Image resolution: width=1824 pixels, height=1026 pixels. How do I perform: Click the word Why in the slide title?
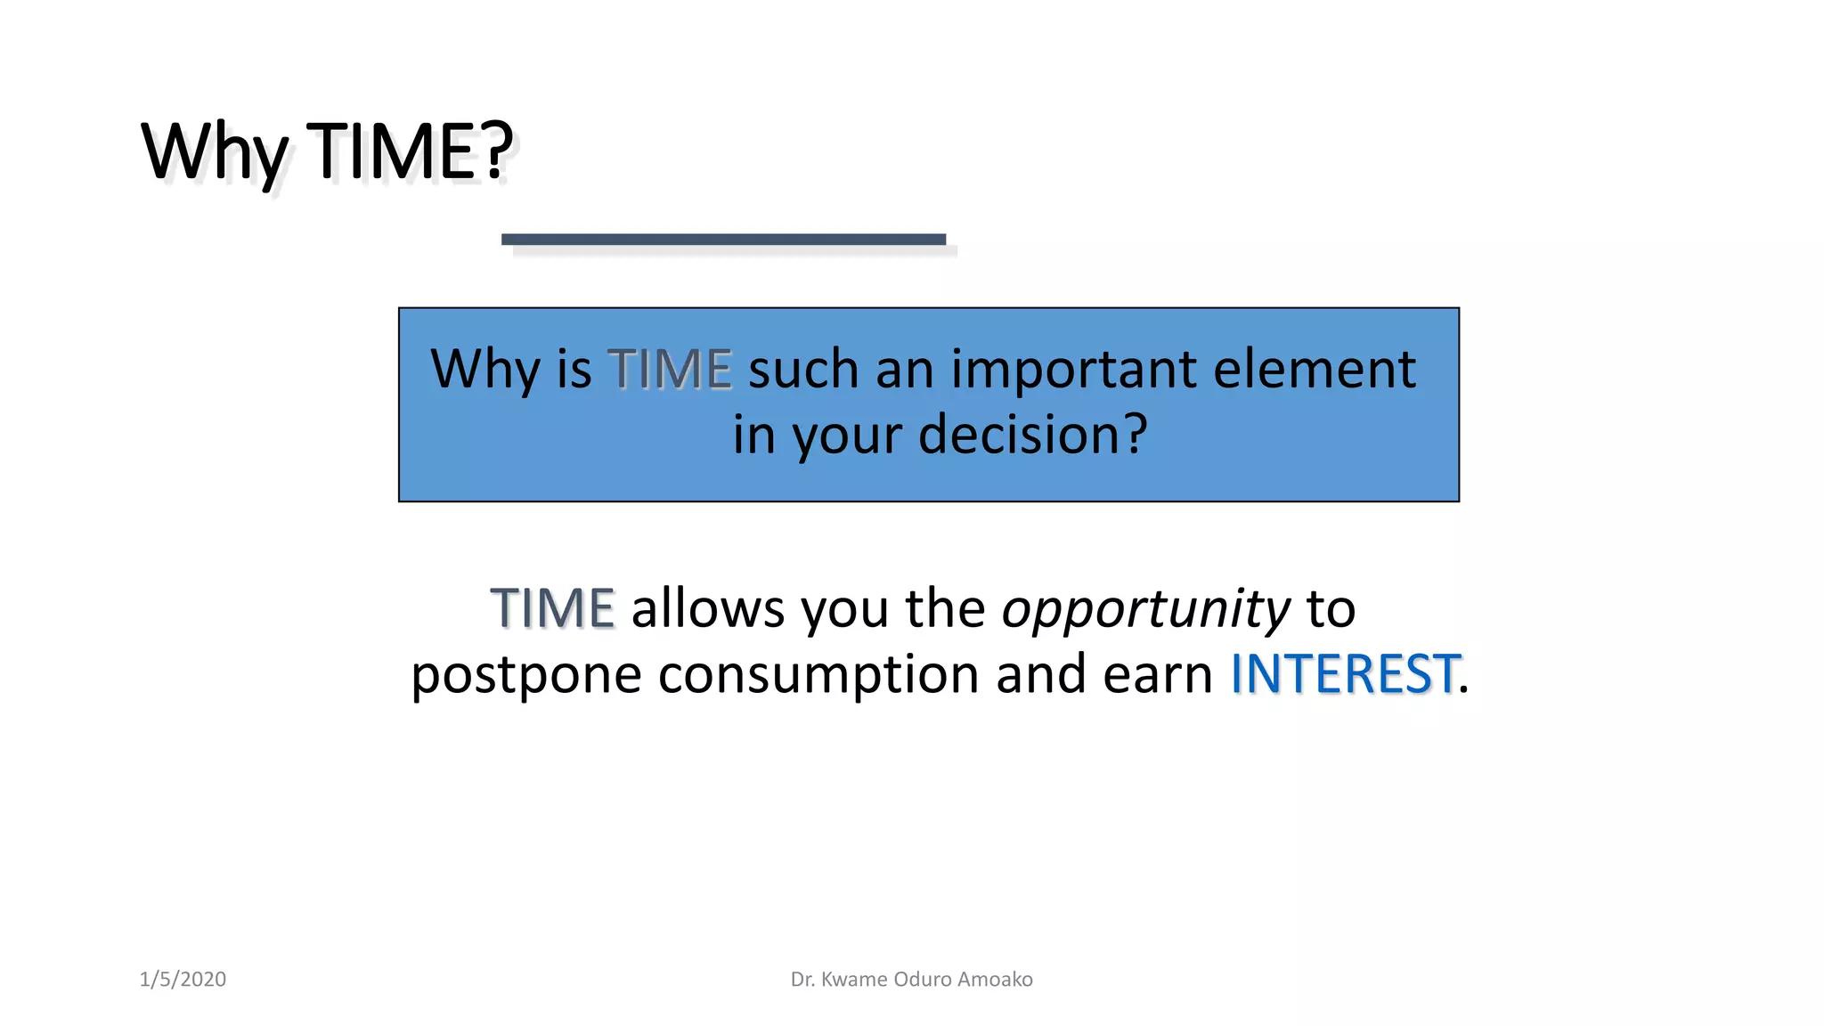coord(214,153)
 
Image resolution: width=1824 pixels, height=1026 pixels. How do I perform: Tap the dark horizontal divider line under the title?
coord(723,240)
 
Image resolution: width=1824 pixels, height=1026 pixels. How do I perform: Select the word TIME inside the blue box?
coord(670,370)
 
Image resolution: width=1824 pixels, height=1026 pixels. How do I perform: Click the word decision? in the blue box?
coord(1033,436)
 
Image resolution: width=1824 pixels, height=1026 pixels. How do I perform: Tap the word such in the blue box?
coord(802,370)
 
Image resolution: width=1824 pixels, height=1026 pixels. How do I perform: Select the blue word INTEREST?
coord(1344,674)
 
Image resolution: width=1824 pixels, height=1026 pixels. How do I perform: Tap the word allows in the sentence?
coord(708,609)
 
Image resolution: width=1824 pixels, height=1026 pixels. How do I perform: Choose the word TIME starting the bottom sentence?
coord(552,609)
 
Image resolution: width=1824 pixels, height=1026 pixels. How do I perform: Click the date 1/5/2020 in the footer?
coord(183,980)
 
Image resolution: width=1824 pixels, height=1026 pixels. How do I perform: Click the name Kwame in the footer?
coord(854,980)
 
